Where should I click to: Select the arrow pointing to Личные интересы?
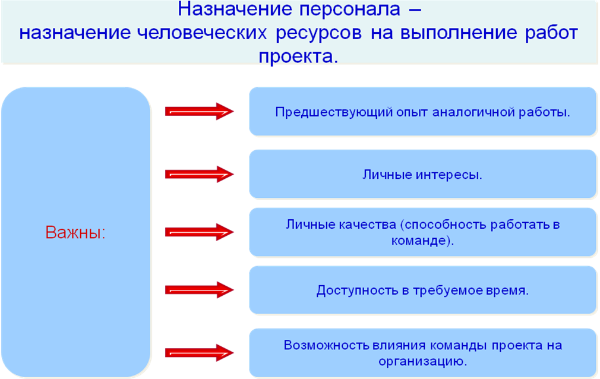point(199,174)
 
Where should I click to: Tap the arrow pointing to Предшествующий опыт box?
point(199,111)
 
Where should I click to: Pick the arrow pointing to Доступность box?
point(199,290)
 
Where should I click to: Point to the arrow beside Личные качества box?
point(199,232)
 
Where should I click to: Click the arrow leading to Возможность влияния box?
point(199,352)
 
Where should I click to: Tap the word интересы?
point(451,175)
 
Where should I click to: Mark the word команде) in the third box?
point(422,242)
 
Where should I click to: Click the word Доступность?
point(353,291)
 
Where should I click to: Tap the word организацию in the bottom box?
point(422,361)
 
